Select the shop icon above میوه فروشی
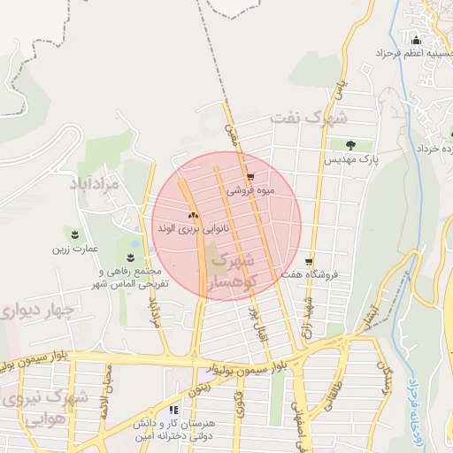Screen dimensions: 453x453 point(250,176)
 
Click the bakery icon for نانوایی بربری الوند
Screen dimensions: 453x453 point(192,215)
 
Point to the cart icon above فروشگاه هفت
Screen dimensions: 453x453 point(308,262)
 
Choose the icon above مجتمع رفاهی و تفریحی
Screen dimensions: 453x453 point(130,257)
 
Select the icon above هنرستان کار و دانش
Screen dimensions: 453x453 point(173,410)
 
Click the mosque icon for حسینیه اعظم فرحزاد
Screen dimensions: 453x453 point(416,39)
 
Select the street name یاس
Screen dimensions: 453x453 point(337,88)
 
